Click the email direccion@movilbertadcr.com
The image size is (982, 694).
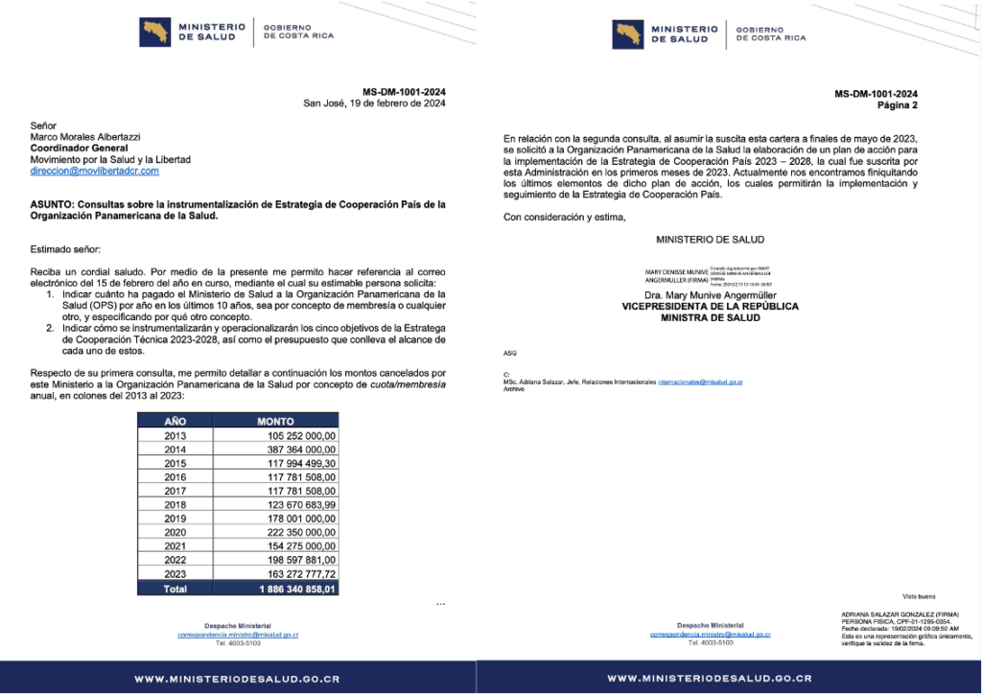click(94, 171)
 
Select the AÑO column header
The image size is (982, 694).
click(175, 421)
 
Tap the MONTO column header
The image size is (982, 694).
click(275, 421)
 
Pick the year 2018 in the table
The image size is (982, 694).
click(175, 504)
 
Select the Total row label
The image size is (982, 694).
click(175, 589)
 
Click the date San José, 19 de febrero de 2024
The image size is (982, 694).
click(374, 104)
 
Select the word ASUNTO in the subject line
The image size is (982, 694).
click(55, 204)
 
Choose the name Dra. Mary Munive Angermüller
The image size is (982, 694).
click(711, 296)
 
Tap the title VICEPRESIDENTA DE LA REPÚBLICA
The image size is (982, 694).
click(711, 307)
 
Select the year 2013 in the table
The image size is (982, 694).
click(175, 435)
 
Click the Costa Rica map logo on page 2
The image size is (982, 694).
click(626, 34)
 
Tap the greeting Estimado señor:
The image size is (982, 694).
click(65, 249)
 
